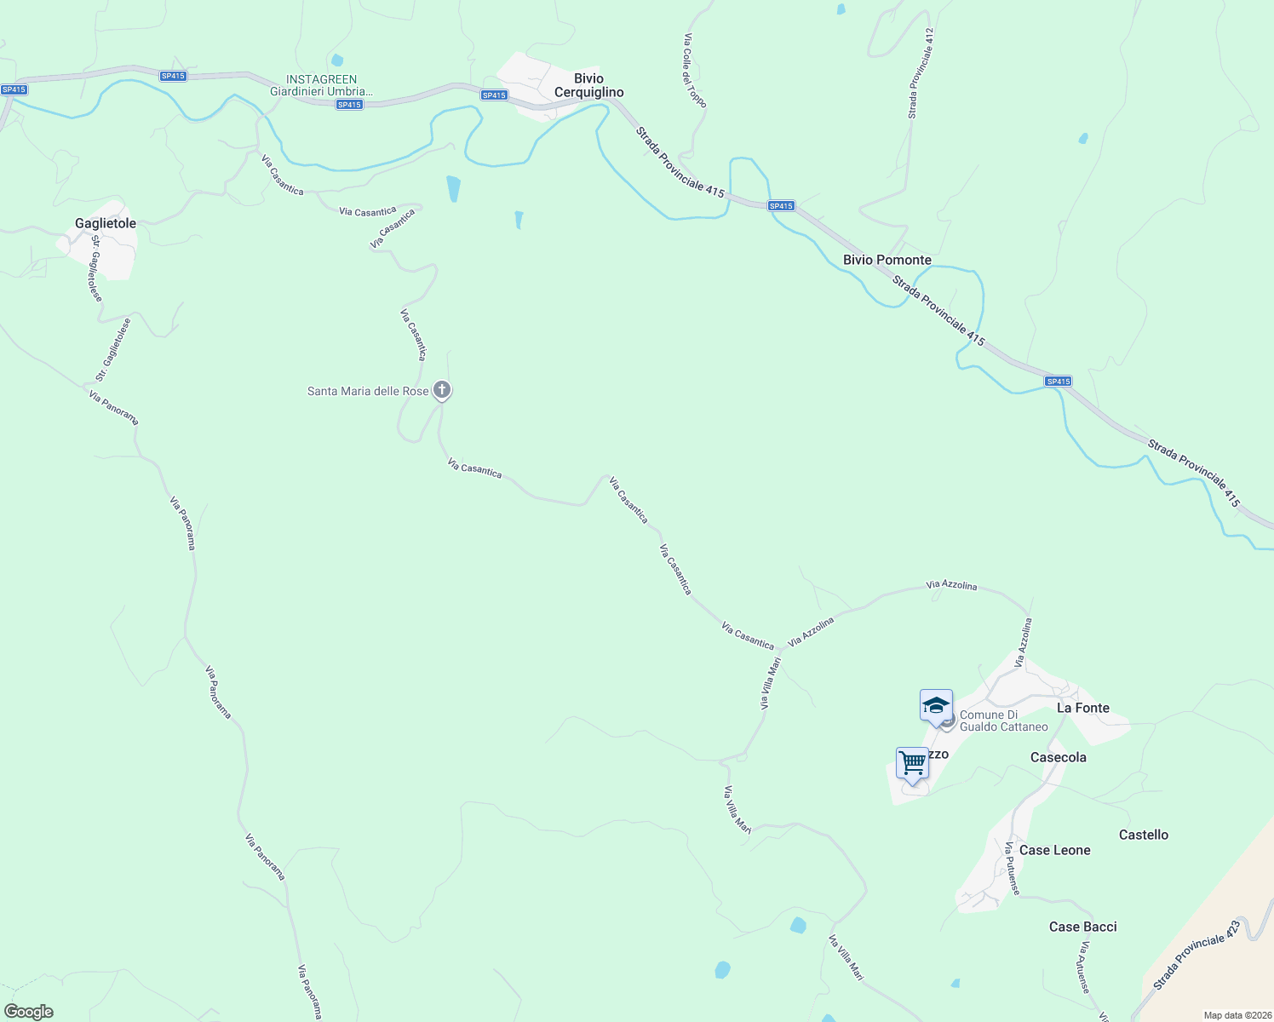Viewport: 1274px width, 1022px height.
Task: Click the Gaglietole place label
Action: (x=106, y=223)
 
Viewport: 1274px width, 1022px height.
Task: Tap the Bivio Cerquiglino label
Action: (x=588, y=85)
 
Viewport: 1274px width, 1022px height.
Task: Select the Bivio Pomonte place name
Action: (x=887, y=260)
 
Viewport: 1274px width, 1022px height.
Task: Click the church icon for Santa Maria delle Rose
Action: (x=441, y=390)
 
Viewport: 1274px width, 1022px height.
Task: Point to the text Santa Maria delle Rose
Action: (x=368, y=391)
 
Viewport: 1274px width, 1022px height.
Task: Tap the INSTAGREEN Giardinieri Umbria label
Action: (x=321, y=85)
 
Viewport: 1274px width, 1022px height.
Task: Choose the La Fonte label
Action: (x=1082, y=708)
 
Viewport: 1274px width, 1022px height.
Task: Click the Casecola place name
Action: (x=1058, y=757)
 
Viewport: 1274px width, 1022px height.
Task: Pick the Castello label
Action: (x=1143, y=835)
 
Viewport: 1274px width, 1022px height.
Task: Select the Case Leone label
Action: (x=1054, y=850)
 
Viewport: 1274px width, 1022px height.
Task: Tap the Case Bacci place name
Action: (x=1082, y=927)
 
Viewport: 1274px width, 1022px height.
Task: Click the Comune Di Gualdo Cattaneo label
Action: (x=1003, y=721)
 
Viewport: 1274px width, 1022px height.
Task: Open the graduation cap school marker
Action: (x=936, y=706)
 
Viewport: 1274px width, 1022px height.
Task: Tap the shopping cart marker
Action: (x=912, y=763)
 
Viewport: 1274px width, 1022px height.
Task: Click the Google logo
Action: (x=29, y=1012)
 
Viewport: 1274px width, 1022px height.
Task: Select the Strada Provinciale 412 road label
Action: (x=921, y=73)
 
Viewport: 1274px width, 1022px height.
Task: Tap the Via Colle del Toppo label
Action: (x=695, y=71)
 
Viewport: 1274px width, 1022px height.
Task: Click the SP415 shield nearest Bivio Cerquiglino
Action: (x=494, y=95)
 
